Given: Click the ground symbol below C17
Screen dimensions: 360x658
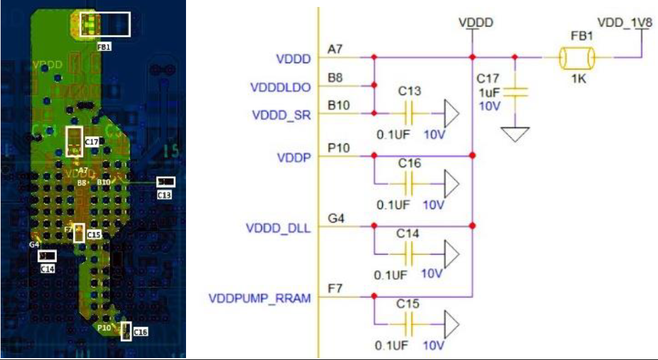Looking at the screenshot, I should (x=516, y=133).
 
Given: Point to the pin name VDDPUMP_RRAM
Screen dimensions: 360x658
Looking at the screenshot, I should (x=259, y=298).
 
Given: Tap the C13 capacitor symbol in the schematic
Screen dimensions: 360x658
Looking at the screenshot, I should (x=409, y=114).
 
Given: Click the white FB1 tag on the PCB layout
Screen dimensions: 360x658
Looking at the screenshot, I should (x=104, y=46).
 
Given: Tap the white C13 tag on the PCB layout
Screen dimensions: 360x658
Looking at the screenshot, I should (x=164, y=195).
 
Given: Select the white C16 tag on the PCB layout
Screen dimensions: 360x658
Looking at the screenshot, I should (x=140, y=332).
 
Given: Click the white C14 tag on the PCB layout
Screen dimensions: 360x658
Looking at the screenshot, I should (x=47, y=268).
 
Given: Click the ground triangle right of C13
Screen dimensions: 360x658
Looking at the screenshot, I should (x=451, y=114).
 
